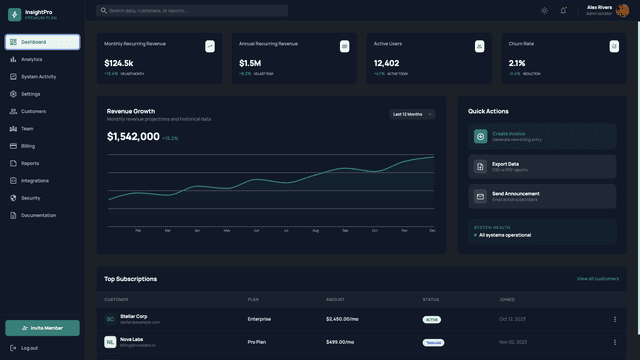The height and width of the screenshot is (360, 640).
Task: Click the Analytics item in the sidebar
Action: (x=32, y=59)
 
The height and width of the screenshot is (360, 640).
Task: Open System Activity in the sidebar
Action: (x=39, y=76)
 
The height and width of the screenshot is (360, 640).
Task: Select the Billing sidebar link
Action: (x=28, y=146)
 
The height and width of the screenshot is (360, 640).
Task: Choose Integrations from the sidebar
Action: (x=35, y=181)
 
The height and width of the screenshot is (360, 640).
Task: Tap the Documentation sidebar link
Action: (x=38, y=215)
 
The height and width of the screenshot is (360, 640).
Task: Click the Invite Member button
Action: (x=42, y=328)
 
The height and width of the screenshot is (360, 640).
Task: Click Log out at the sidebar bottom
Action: (x=29, y=348)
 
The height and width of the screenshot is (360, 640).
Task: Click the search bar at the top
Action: (x=192, y=11)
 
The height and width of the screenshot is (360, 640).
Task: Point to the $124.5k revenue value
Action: (x=119, y=63)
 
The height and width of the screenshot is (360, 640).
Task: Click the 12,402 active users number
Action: (x=386, y=63)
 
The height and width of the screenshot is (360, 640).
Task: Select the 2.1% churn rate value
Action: (x=517, y=63)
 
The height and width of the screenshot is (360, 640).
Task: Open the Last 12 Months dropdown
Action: (x=412, y=114)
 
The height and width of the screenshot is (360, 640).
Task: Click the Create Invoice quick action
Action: (x=542, y=136)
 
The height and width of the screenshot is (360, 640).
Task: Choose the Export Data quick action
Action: (x=542, y=166)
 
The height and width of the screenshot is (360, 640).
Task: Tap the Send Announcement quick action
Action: (x=542, y=196)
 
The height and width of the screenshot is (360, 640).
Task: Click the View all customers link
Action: (x=597, y=279)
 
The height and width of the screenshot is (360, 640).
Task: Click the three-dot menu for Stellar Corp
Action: (x=614, y=319)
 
